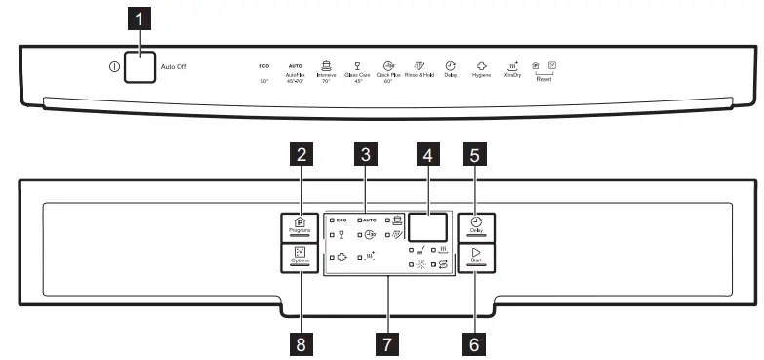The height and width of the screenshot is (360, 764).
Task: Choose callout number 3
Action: (364, 153)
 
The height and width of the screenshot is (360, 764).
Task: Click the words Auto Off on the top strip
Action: (174, 68)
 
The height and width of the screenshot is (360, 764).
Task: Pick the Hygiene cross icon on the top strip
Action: (481, 64)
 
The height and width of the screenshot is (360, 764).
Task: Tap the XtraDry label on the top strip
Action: (511, 74)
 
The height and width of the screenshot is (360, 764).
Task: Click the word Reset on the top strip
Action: (543, 79)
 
